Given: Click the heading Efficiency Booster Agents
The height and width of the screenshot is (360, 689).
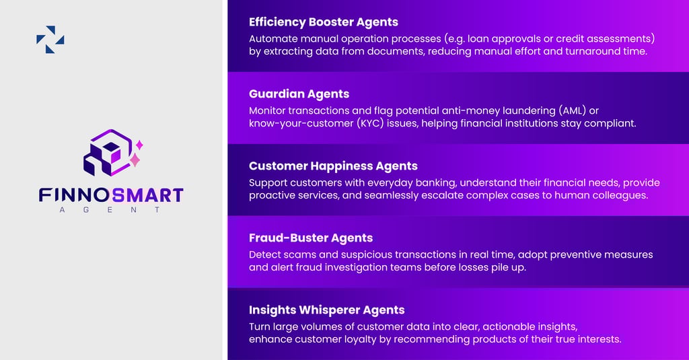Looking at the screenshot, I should [324, 22].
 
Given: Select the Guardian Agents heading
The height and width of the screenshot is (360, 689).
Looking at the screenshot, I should [299, 94].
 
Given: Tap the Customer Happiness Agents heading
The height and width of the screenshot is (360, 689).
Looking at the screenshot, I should [333, 166].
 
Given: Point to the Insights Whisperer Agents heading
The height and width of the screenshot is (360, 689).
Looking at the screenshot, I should [326, 310].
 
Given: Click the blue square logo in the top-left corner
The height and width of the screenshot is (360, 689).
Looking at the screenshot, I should [50, 40].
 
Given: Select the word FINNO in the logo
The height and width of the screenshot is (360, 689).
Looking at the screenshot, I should [74, 196].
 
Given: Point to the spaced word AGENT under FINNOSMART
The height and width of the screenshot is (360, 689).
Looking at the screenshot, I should [110, 210].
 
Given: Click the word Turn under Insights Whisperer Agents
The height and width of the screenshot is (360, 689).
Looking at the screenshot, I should [260, 326].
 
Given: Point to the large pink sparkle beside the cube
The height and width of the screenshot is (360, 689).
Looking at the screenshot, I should [135, 160].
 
